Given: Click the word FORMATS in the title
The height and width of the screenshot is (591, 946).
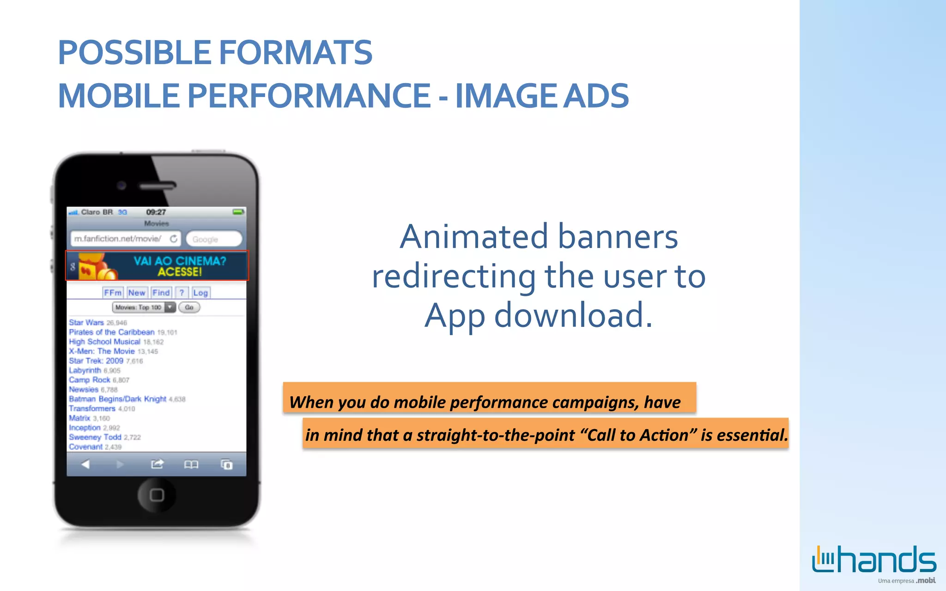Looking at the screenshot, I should [x=295, y=52].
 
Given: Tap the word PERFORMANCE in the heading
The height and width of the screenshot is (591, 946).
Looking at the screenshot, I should [x=309, y=96].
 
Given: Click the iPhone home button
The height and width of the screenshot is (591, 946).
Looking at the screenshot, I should [x=157, y=495].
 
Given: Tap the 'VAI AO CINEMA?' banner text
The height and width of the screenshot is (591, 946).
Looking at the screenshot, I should [x=180, y=261].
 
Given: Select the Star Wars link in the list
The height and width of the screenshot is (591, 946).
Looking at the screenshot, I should [x=86, y=322].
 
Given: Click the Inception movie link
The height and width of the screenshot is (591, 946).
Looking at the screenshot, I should [x=85, y=428].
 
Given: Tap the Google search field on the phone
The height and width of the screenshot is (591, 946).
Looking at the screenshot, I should [x=214, y=239].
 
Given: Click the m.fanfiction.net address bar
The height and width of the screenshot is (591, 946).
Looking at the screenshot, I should [x=118, y=239].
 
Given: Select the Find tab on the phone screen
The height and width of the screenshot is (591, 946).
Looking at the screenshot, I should [x=161, y=293].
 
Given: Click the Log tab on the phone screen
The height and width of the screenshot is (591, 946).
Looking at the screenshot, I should [x=200, y=293].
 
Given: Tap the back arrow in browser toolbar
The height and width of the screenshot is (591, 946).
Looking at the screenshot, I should [x=85, y=464].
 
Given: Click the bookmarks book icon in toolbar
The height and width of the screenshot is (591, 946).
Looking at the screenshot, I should [x=191, y=464].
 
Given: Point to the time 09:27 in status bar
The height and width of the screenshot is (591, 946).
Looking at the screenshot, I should [x=156, y=212].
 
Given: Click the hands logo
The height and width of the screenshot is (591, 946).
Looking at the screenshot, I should [x=874, y=560].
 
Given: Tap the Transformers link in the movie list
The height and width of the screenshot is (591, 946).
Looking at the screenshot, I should [x=92, y=409].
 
